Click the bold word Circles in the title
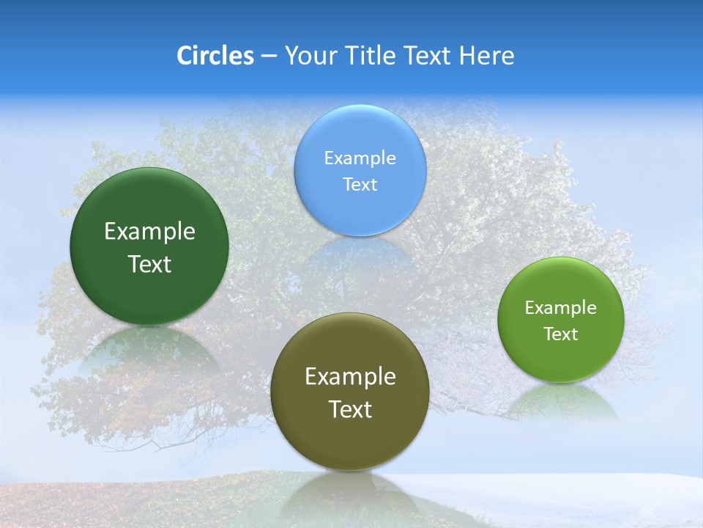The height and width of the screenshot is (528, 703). (215, 56)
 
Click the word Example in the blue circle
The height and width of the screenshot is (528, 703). (360, 158)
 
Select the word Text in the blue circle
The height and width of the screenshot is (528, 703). (360, 184)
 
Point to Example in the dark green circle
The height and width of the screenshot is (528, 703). (149, 232)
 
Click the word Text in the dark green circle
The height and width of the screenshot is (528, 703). (149, 264)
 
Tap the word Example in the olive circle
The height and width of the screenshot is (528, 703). (350, 377)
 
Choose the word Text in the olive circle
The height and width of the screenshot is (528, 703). (350, 409)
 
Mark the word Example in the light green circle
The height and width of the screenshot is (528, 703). (561, 308)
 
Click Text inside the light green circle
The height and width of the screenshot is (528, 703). (561, 334)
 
